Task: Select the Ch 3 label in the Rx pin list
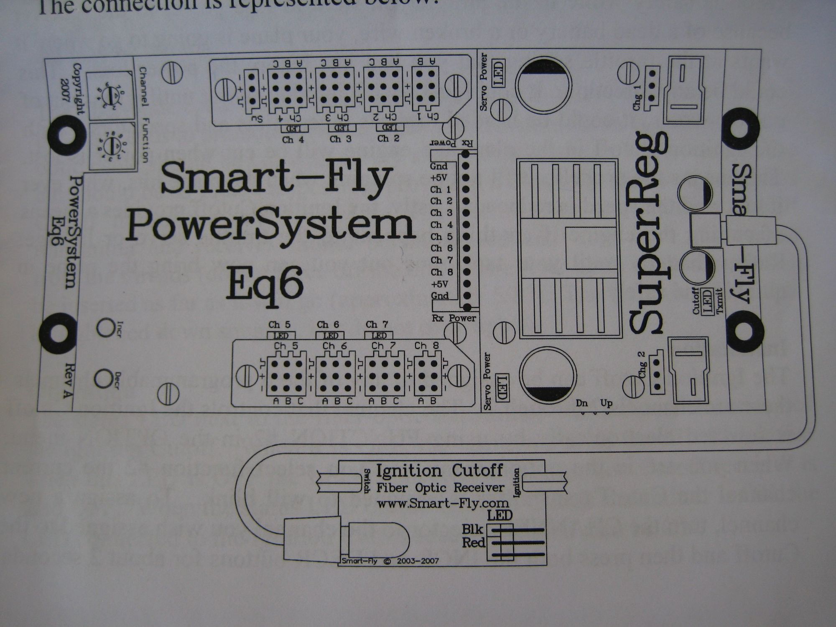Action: click(441, 213)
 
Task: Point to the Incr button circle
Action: click(105, 327)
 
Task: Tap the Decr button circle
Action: click(103, 379)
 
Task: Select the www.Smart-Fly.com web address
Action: click(443, 503)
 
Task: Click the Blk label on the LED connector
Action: click(472, 530)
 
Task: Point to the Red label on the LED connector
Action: click(473, 543)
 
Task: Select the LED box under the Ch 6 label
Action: click(330, 336)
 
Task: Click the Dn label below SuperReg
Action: click(582, 403)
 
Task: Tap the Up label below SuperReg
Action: click(606, 403)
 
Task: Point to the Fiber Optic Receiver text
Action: click(440, 488)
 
